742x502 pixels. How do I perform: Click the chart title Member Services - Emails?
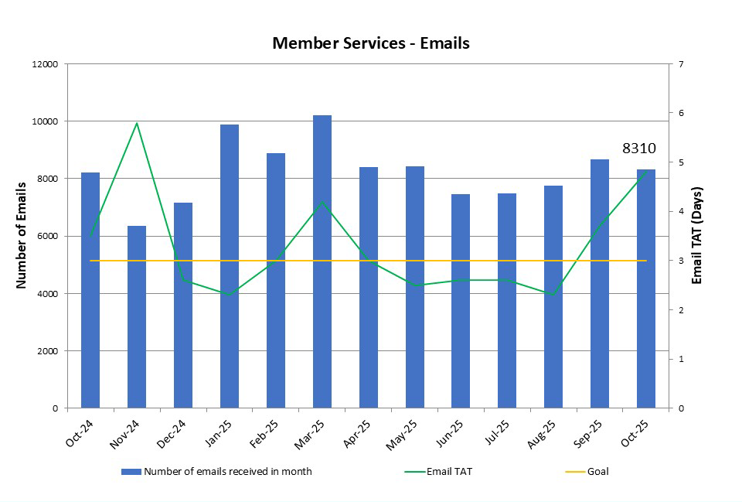coord(371,43)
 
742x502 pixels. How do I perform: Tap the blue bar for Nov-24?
coord(137,317)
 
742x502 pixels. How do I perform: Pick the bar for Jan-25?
coord(230,266)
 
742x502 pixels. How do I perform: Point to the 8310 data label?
coord(639,149)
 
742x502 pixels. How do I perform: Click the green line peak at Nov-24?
coord(137,123)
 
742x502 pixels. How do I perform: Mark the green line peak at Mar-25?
coord(322,203)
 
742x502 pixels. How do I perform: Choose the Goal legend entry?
coord(597,471)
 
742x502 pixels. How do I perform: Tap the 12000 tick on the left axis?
coord(45,64)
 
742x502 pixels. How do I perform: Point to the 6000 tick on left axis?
coord(48,237)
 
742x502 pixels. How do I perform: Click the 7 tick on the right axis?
coord(680,64)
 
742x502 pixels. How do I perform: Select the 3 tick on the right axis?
coord(680,261)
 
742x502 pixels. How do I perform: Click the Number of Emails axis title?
coord(22,235)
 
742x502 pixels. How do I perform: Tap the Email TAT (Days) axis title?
coord(697,235)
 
